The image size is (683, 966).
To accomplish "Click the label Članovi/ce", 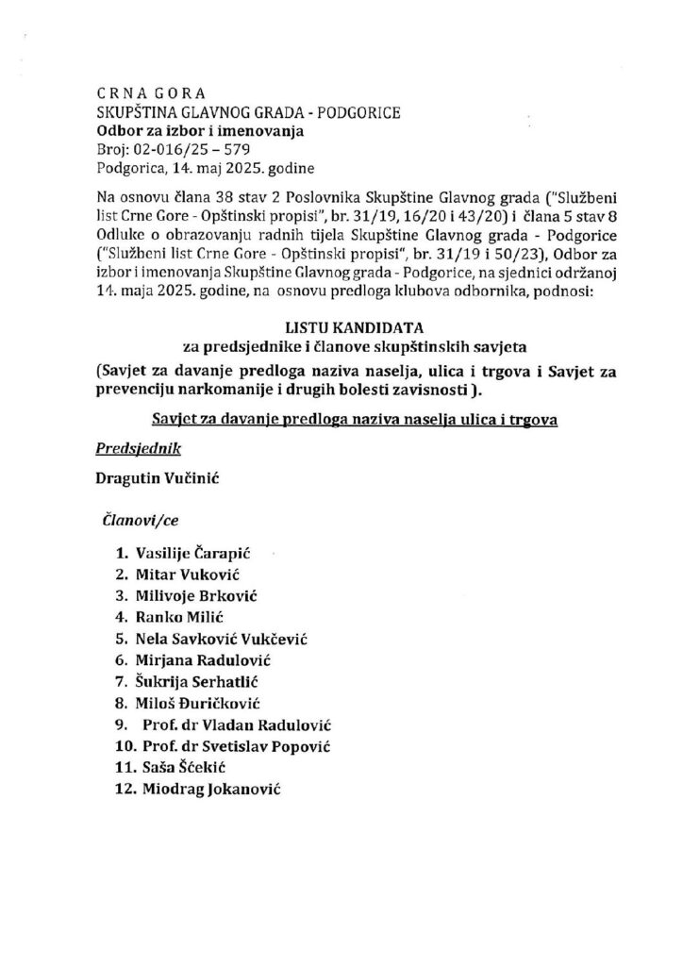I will pyautogui.click(x=138, y=519).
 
